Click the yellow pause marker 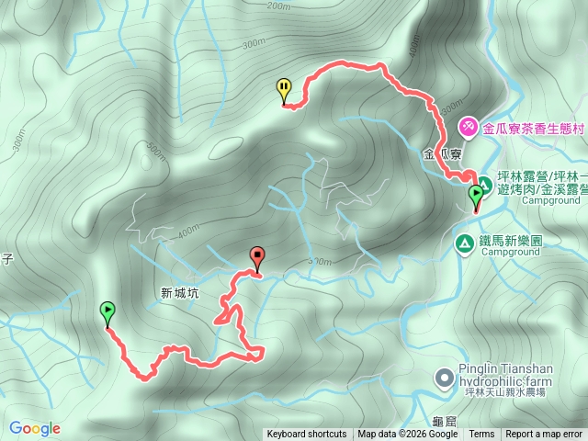pyautogui.click(x=285, y=89)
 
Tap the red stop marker pyautogui.click(x=256, y=258)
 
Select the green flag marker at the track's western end pyautogui.click(x=108, y=312)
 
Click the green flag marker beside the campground pyautogui.click(x=476, y=196)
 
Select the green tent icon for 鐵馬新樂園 pyautogui.click(x=465, y=243)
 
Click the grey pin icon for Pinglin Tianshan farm pyautogui.click(x=444, y=378)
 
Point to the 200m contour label pyautogui.click(x=277, y=6)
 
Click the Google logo pyautogui.click(x=35, y=428)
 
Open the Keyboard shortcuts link pyautogui.click(x=307, y=435)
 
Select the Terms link pyautogui.click(x=481, y=435)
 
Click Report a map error pyautogui.click(x=544, y=435)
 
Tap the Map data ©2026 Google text pyautogui.click(x=408, y=435)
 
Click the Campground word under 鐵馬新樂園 pyautogui.click(x=509, y=252)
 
